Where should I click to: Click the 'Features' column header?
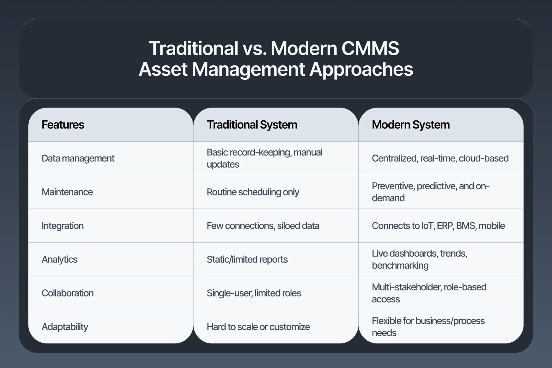(x=63, y=125)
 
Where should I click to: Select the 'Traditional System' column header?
(x=252, y=125)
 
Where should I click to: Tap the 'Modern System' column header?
(x=411, y=125)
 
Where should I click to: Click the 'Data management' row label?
(x=78, y=158)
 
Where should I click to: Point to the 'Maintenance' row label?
(x=67, y=192)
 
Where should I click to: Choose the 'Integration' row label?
(x=63, y=226)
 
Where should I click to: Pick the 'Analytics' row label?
(x=60, y=260)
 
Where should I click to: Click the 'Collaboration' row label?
(x=68, y=293)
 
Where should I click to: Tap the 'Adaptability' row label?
(x=65, y=327)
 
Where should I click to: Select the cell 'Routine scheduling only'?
(x=253, y=192)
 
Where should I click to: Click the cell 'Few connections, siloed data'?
(x=263, y=226)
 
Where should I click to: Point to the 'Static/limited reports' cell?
(x=247, y=260)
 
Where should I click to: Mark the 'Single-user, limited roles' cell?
(x=254, y=293)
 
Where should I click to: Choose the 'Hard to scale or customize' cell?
(x=258, y=327)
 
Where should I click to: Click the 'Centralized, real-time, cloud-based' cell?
(x=440, y=158)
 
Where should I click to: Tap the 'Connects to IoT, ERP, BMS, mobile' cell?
(x=438, y=226)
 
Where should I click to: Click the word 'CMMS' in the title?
(x=370, y=49)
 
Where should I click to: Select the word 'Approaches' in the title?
(x=361, y=70)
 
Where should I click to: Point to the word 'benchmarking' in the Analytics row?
(x=400, y=266)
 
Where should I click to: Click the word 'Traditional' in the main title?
(x=193, y=49)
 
